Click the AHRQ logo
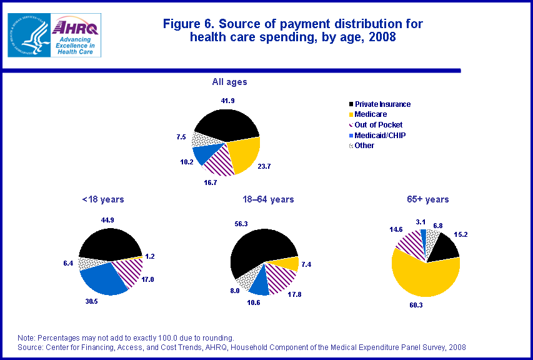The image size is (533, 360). (76, 36)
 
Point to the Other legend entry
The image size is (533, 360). (364, 146)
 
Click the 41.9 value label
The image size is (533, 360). (227, 100)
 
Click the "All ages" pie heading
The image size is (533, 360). (229, 82)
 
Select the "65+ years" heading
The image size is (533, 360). (427, 199)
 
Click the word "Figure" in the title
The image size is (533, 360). (182, 24)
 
